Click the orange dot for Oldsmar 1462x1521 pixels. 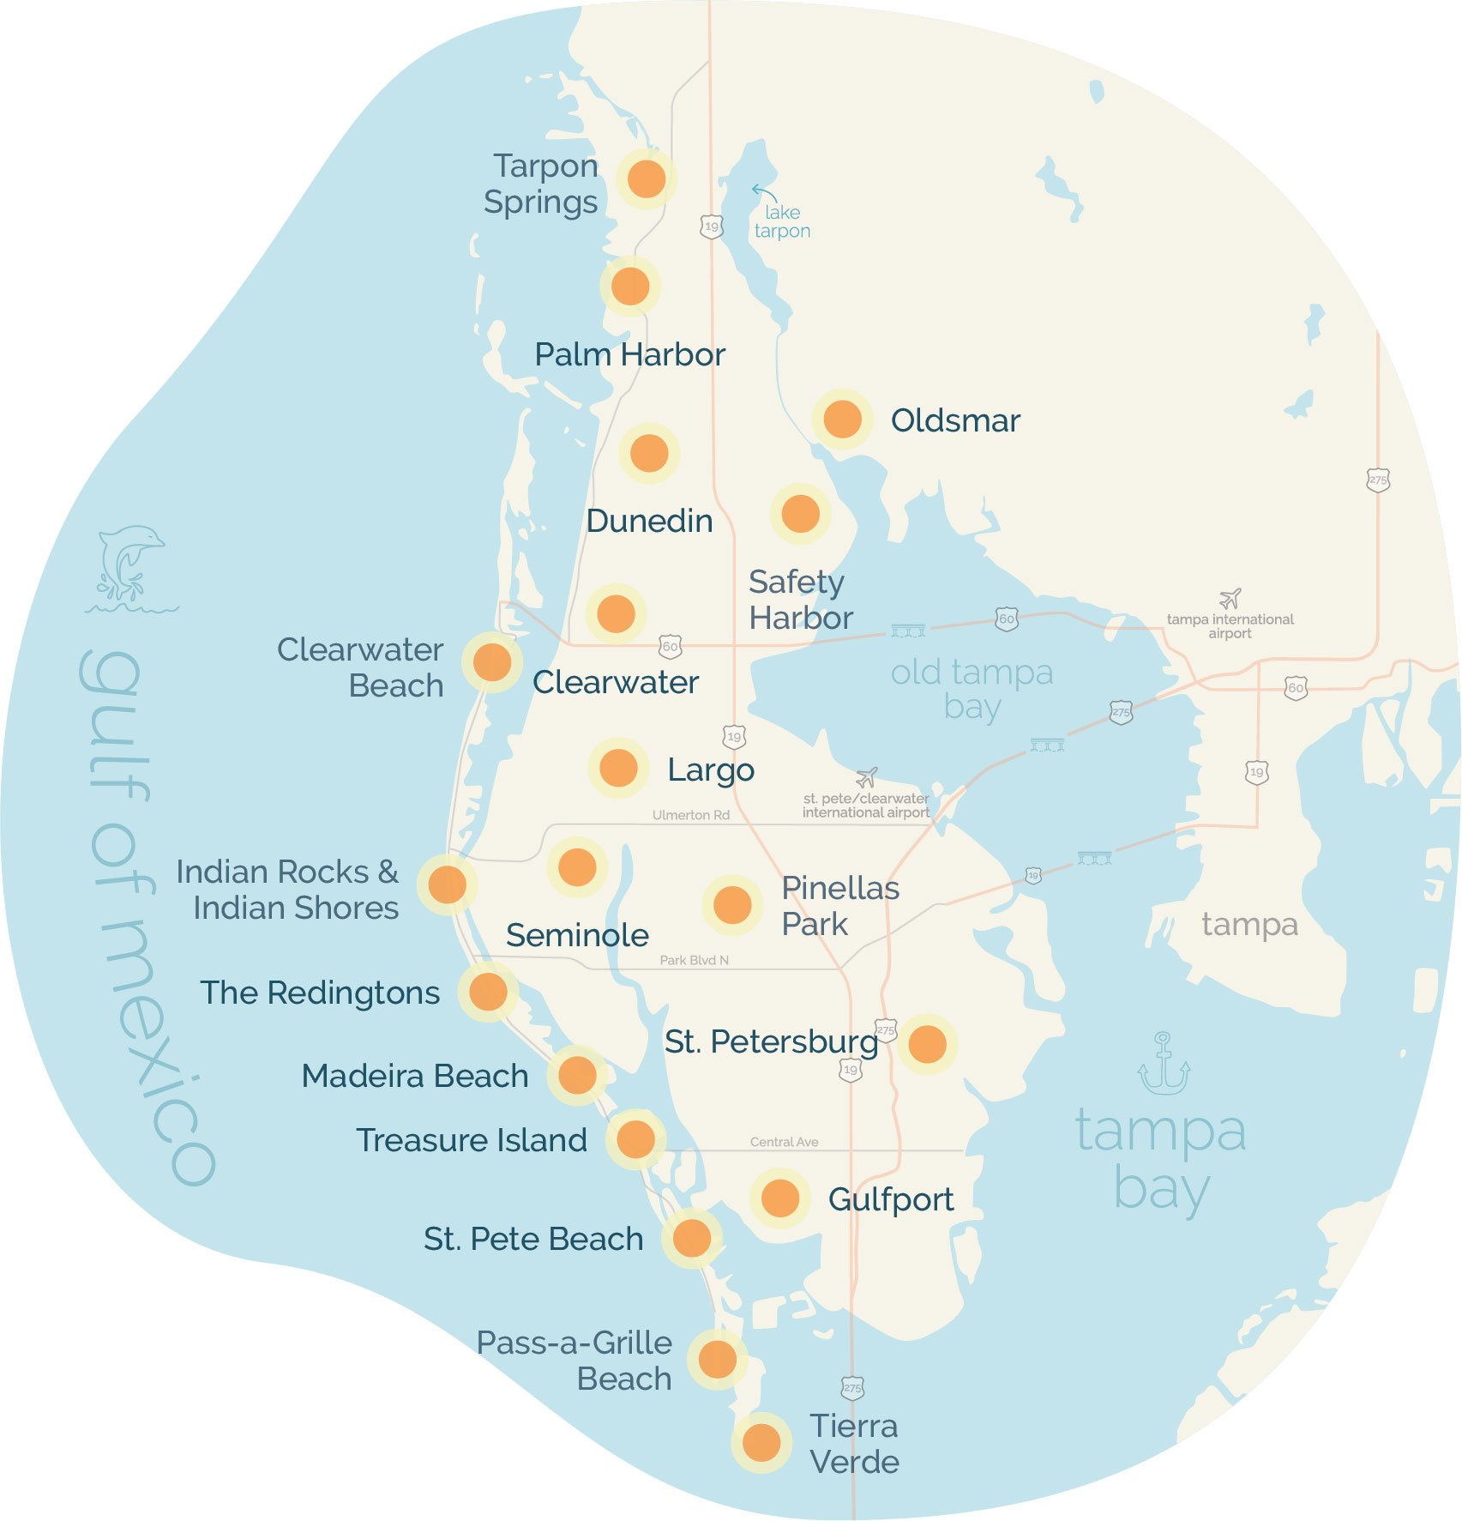click(x=842, y=419)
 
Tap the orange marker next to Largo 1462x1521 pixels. click(x=617, y=768)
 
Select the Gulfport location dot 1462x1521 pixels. click(x=779, y=1198)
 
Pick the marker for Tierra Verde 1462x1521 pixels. click(x=761, y=1442)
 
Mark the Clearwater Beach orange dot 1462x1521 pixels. click(x=492, y=661)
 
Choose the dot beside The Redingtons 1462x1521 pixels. click(x=488, y=992)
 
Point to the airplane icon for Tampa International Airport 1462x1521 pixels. click(x=1230, y=598)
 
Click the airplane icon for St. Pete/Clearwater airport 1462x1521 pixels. click(x=867, y=777)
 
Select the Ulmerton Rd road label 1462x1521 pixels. click(x=690, y=815)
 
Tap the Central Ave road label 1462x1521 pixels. click(x=784, y=1142)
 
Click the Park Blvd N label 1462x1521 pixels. click(x=694, y=960)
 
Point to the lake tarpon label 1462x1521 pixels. click(x=782, y=221)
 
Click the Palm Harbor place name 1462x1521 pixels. click(x=629, y=354)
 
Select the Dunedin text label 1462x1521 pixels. click(x=649, y=521)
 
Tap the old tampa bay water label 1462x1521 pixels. click(x=972, y=689)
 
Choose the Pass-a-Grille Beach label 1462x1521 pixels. click(x=575, y=1361)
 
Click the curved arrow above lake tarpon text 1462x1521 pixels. click(x=762, y=192)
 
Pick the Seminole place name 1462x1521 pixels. click(x=577, y=935)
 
